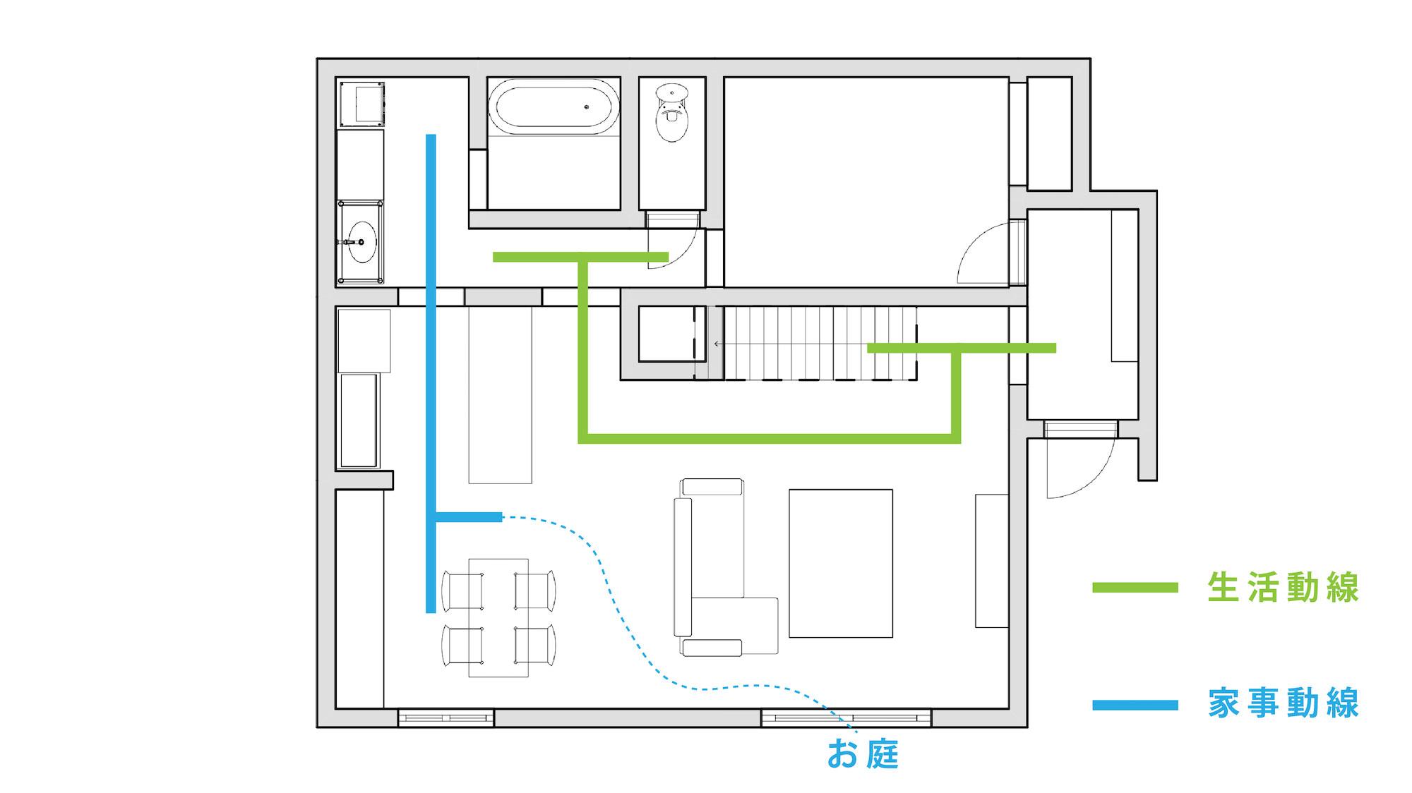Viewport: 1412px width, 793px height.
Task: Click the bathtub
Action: click(554, 107)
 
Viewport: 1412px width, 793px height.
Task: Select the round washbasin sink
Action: click(362, 242)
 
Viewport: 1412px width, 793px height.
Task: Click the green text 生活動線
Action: click(1283, 588)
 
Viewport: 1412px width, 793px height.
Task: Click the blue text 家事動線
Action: click(1283, 704)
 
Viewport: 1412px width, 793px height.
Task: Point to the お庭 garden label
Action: click(863, 753)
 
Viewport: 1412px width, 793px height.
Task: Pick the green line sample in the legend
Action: click(1135, 588)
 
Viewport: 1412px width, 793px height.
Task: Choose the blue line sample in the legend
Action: click(1135, 704)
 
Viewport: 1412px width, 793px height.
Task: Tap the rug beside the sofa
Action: click(841, 563)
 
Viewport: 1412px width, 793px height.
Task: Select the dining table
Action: click(498, 617)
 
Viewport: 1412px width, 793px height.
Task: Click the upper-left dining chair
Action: click(462, 591)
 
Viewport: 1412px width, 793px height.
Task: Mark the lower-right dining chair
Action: click(535, 645)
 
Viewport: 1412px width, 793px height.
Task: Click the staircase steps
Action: click(820, 343)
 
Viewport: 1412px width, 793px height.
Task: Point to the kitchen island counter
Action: click(500, 395)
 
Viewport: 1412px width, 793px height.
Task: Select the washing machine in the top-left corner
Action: click(362, 104)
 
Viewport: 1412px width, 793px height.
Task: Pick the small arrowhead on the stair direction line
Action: click(717, 344)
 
